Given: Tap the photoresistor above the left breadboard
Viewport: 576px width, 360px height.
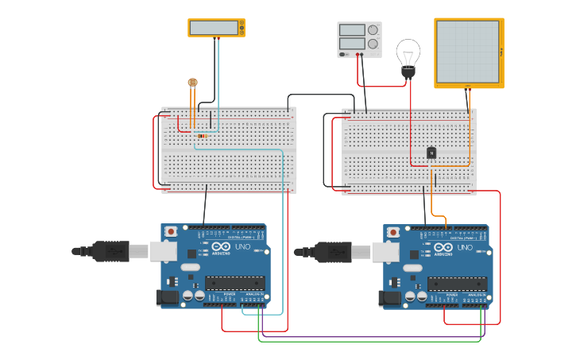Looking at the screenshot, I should click(192, 82).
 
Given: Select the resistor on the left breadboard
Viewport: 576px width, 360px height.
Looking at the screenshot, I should click(202, 136).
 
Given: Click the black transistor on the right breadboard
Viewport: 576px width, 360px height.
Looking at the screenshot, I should click(431, 153).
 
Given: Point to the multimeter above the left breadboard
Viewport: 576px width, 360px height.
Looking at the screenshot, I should click(216, 28).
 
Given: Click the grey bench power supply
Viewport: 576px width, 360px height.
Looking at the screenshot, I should click(359, 39).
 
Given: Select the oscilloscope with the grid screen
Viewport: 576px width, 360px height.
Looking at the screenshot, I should click(469, 52).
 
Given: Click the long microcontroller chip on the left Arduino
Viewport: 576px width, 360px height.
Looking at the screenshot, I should click(235, 283).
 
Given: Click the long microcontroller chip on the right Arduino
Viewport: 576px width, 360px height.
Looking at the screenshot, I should click(458, 283).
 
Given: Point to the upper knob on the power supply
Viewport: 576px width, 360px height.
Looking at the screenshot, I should click(373, 30).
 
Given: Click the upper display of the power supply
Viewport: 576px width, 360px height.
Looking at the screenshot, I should click(352, 30).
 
